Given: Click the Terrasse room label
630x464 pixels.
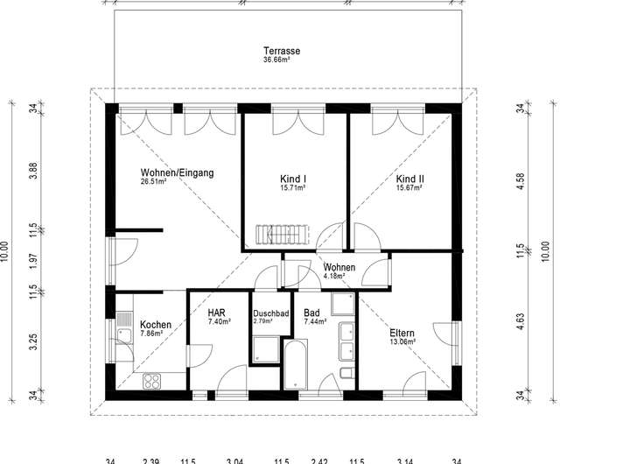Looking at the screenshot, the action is pos(282,51).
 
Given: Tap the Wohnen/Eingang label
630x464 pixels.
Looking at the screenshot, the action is pos(177,172).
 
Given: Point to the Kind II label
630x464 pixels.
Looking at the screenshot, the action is pos(409,179).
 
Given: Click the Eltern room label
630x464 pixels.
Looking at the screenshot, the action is pos(402,333).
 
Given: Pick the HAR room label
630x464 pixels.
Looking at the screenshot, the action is pos(217,313).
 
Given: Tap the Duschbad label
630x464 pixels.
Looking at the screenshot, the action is pos(270,313).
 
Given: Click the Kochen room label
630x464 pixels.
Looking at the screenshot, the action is pos(156,325).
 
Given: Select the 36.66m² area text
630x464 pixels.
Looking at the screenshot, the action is pos(276,60).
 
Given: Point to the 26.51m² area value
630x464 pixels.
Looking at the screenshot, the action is pos(153,181).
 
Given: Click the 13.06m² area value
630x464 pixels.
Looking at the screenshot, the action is pos(402,341).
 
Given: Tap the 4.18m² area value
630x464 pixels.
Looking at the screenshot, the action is pos(334,276).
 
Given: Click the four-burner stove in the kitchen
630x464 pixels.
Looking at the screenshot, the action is pos(152,381).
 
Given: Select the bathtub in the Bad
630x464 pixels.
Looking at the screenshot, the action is pos(296,365).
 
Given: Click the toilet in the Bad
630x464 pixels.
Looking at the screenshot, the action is pos(346,373).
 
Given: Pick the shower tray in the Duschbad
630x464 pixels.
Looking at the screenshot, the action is pos(266,350).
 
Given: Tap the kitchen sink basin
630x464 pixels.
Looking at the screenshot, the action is pos(124,336).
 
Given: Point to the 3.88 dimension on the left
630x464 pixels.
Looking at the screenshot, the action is pos(34,171).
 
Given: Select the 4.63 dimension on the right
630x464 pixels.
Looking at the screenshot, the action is pos(521,321).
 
